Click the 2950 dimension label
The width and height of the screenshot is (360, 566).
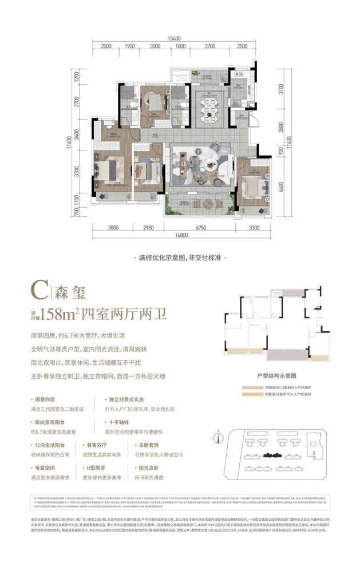tap(148, 228)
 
